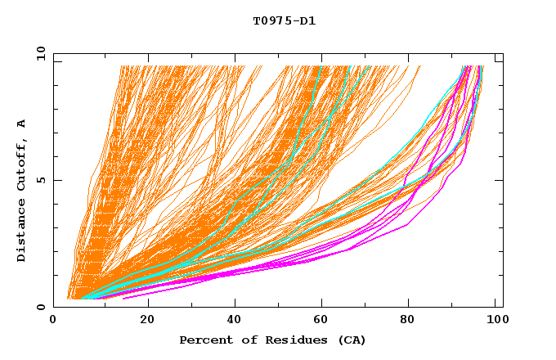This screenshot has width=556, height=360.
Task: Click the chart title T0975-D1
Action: (284, 21)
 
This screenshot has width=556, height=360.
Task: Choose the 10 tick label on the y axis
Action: (40, 53)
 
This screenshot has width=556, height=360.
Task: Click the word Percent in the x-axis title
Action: (202, 340)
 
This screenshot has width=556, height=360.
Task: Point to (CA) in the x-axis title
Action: (352, 340)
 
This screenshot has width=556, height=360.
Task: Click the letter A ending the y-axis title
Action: (22, 124)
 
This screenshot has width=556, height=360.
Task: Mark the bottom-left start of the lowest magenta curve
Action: (123, 299)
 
